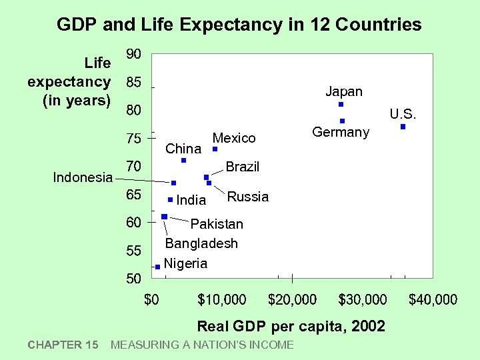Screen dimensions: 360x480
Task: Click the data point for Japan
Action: click(341, 105)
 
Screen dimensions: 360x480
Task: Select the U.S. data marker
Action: click(403, 127)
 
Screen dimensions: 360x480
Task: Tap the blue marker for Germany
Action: click(342, 121)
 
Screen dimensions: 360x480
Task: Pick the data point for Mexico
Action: click(215, 149)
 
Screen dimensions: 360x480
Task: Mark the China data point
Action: click(183, 161)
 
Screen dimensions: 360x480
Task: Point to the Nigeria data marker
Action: click(157, 267)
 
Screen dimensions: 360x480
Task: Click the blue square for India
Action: click(170, 199)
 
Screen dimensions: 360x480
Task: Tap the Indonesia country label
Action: click(83, 177)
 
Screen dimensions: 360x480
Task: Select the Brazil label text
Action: click(242, 167)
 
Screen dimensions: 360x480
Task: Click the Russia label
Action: click(248, 197)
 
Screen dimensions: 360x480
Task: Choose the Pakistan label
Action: click(217, 224)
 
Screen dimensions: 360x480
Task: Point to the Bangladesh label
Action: click(201, 243)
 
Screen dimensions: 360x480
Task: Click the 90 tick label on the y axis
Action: click(134, 54)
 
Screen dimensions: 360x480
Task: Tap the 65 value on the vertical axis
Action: click(134, 195)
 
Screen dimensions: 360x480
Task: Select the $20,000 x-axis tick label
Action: click(292, 300)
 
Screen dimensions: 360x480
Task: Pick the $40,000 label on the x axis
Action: click(433, 300)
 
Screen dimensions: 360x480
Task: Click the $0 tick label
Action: click(152, 300)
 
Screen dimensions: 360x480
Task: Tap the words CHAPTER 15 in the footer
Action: click(63, 345)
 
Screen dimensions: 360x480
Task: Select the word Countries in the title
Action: click(379, 25)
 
